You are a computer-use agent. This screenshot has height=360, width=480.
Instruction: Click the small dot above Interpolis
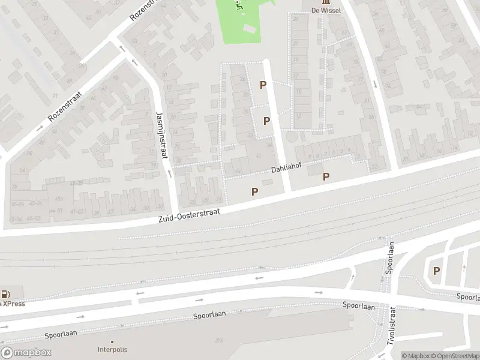click(x=112, y=342)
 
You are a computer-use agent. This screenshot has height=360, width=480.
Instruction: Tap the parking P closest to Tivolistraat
click(x=436, y=271)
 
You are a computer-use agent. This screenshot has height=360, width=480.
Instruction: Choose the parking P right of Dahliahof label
click(x=326, y=176)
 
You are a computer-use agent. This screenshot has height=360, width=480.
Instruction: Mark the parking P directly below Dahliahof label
click(x=255, y=191)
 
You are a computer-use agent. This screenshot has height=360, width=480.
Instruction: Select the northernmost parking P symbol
click(x=263, y=85)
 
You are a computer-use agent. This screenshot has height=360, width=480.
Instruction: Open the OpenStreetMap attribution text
click(x=455, y=356)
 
